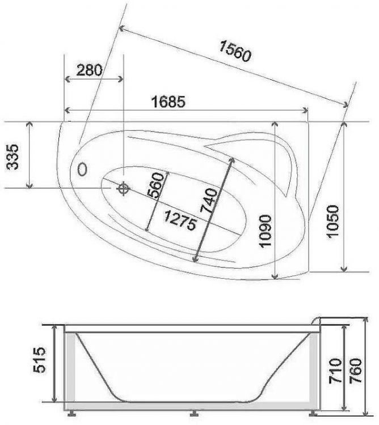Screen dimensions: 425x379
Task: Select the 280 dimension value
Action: [89, 70]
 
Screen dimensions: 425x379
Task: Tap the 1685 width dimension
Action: [169, 102]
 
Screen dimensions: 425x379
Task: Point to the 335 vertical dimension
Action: [13, 156]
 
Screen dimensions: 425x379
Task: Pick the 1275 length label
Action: [180, 219]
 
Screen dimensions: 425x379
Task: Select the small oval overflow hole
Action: [82, 169]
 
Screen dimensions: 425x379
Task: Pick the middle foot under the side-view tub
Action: [195, 412]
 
